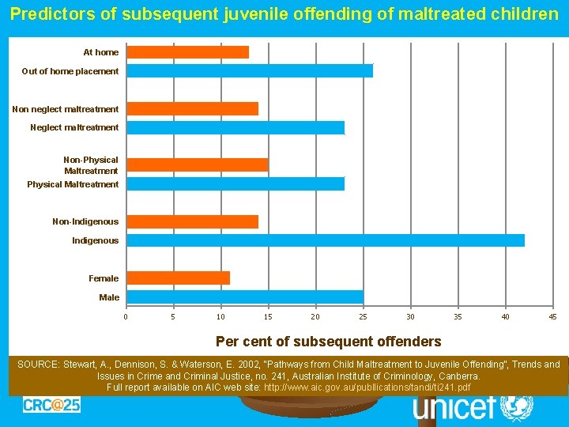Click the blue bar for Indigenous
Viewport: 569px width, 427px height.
pos(326,240)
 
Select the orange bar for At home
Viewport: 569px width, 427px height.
pos(188,52)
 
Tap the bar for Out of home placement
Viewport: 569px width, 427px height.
pos(250,71)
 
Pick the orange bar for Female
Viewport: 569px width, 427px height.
pos(179,278)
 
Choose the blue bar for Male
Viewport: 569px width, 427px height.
pos(245,297)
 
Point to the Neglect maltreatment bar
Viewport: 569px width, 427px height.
pos(236,127)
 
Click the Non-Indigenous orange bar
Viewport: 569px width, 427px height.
pos(193,221)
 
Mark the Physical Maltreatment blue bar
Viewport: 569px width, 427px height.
pos(236,184)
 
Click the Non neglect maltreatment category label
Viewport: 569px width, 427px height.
pos(66,109)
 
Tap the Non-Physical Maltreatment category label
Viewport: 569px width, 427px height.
pos(91,165)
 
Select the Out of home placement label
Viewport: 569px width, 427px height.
pos(70,71)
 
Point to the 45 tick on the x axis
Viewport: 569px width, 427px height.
pos(552,317)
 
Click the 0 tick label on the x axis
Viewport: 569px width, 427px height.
pos(126,317)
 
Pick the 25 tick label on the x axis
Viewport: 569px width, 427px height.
pos(363,317)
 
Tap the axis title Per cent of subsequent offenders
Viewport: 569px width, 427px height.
pos(329,342)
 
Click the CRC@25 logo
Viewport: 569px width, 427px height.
pos(51,405)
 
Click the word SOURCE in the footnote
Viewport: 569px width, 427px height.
pos(39,365)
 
